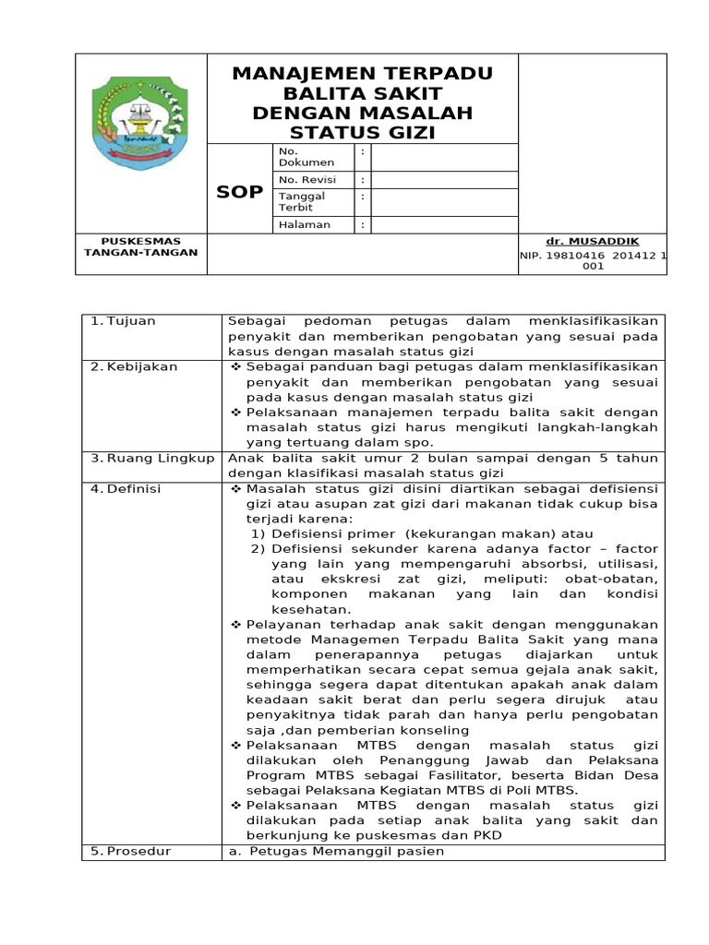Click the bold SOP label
tap(239, 192)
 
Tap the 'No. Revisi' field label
tap(306, 180)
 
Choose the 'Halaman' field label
tap(304, 224)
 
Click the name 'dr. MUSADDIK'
tap(592, 241)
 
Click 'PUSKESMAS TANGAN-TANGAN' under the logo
tap(140, 246)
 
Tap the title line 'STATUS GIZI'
tap(363, 134)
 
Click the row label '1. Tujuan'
tap(124, 321)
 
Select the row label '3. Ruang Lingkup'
tap(152, 458)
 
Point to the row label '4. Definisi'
tap(130, 488)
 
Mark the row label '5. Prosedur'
tap(131, 851)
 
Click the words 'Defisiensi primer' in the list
tap(326, 533)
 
